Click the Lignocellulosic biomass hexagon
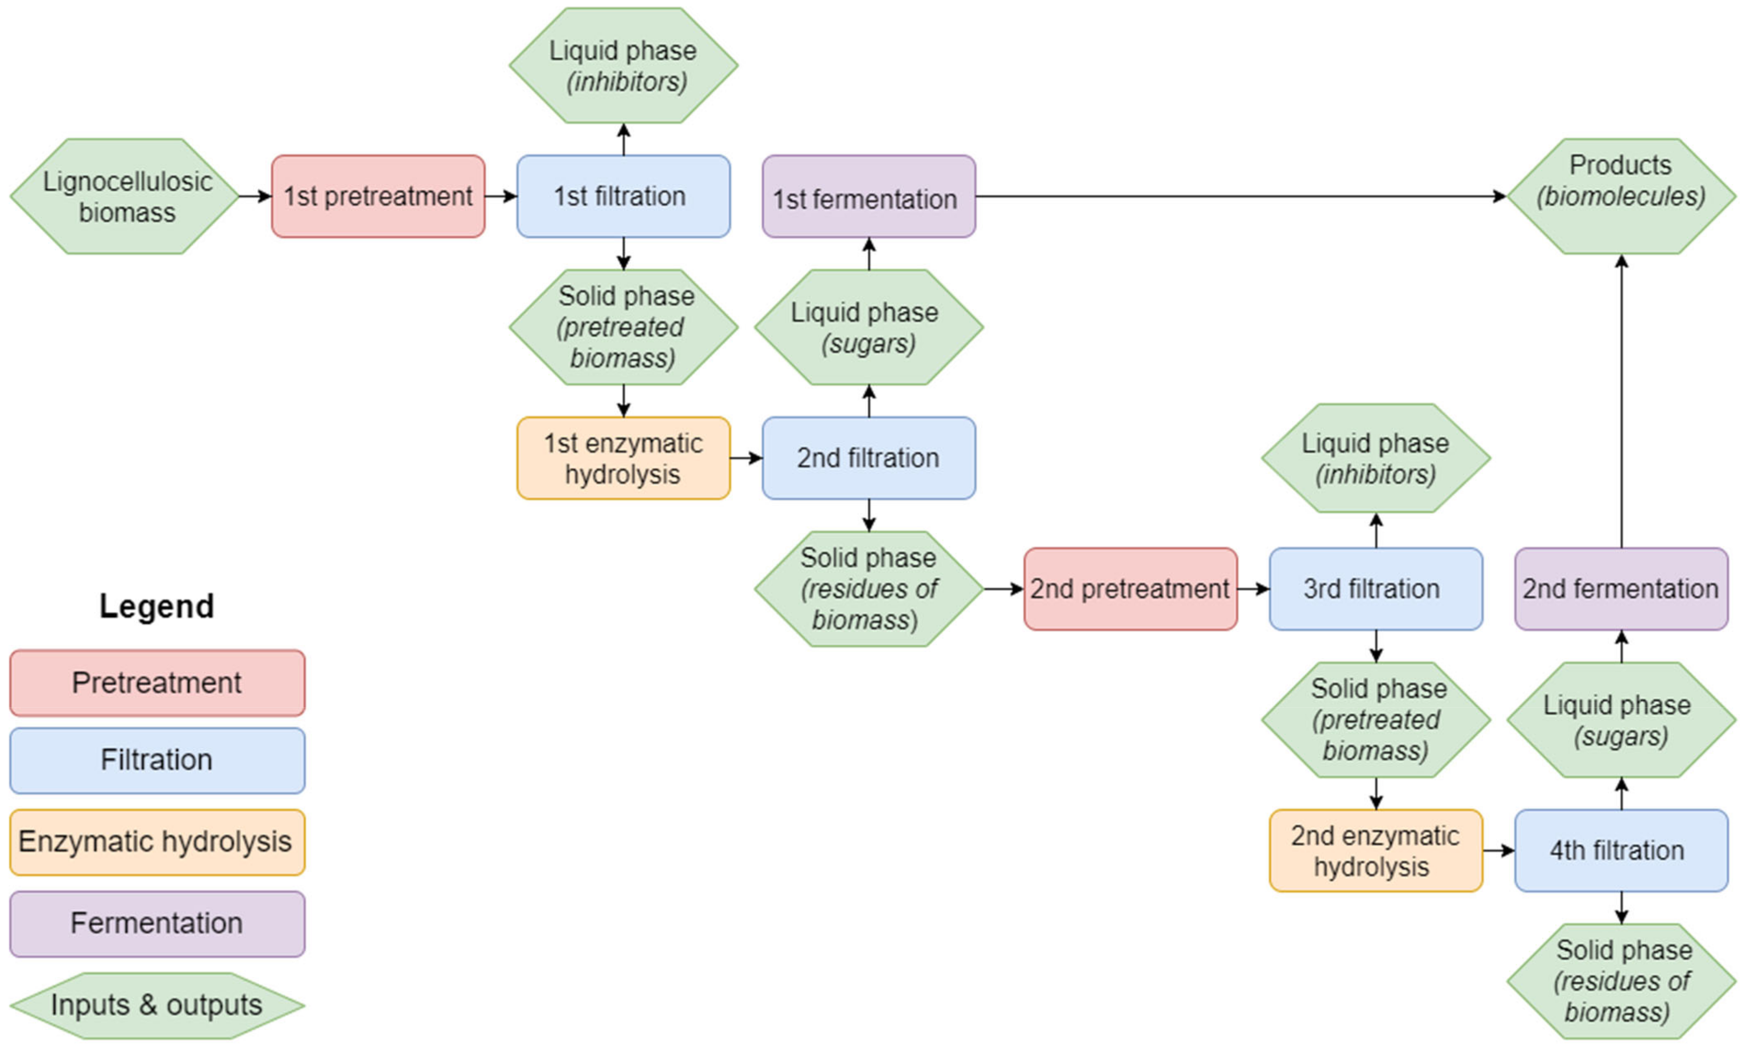[126, 196]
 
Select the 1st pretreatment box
[378, 196]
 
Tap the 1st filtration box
[623, 196]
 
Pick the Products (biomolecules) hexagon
[1621, 196]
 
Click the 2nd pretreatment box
[1130, 589]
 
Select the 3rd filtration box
[1375, 589]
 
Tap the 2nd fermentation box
[1621, 589]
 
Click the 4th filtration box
[1621, 850]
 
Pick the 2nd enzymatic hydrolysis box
[1375, 850]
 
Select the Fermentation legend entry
[157, 924]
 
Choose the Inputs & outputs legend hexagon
[157, 1005]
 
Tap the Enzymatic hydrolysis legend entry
[157, 842]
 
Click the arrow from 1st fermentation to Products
[1236, 196]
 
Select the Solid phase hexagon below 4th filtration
[1621, 981]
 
